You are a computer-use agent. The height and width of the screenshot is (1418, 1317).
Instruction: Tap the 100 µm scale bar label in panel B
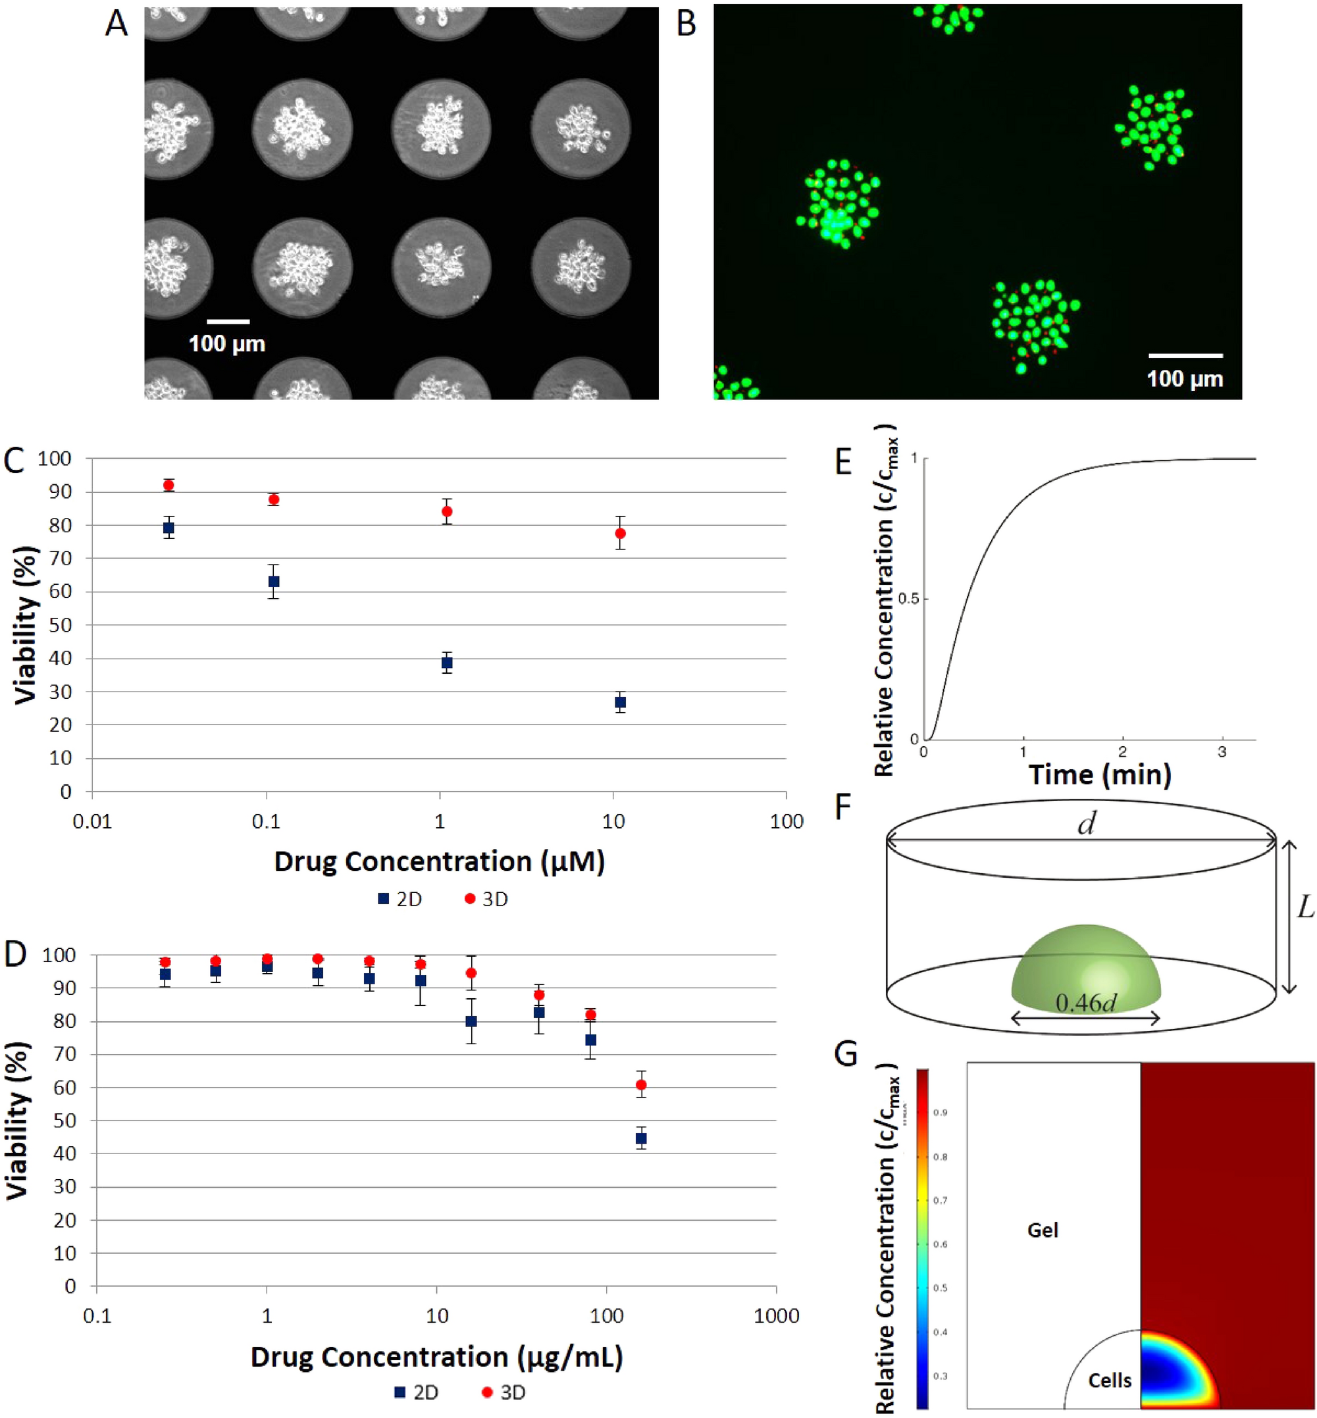point(1185,378)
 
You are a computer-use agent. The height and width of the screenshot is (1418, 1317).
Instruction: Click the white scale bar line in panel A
point(228,321)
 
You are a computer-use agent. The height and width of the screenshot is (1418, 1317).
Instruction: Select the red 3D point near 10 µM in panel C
point(620,533)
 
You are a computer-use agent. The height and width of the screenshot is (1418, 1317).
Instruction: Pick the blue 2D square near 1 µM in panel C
point(447,663)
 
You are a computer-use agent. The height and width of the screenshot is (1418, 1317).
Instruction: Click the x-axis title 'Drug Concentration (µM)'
point(439,861)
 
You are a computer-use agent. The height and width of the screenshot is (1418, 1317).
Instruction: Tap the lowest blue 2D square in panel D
point(640,1138)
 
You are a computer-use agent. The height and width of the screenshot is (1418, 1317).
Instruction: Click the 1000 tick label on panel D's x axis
point(776,1315)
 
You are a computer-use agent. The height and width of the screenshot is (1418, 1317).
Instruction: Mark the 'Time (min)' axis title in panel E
point(1100,774)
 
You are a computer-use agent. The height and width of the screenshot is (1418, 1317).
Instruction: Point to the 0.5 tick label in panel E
point(909,599)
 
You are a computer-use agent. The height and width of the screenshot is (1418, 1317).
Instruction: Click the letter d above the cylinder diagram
point(1086,824)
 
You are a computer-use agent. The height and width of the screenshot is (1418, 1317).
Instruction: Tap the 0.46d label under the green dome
point(1085,1003)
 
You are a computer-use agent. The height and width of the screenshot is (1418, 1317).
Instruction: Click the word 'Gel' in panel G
point(1042,1230)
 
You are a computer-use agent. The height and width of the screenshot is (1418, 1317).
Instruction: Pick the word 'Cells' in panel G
point(1109,1380)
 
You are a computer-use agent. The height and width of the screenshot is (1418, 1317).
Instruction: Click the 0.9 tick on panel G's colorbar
point(940,1112)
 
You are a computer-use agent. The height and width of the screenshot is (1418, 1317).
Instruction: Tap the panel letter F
point(843,807)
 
